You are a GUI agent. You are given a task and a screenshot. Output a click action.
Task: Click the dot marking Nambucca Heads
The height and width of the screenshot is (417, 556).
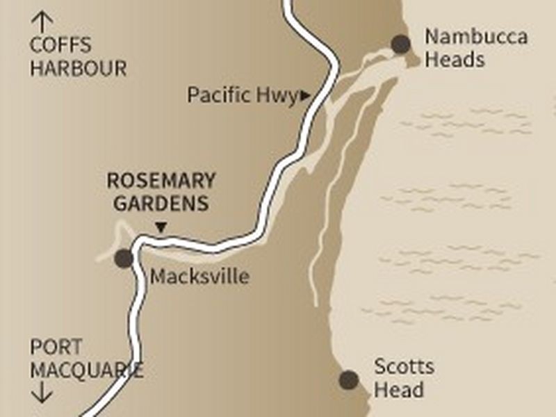(401, 44)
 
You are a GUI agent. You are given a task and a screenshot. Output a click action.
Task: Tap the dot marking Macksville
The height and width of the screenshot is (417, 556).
(124, 259)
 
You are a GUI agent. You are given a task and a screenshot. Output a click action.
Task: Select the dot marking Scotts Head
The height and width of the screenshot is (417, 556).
(349, 379)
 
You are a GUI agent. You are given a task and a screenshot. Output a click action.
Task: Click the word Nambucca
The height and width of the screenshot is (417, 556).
(476, 37)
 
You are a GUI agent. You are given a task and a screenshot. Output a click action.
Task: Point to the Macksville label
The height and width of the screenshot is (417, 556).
(199, 277)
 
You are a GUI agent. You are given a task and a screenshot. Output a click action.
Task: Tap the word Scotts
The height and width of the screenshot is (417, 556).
(404, 367)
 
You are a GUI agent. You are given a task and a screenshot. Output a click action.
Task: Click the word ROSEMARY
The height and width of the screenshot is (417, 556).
(161, 181)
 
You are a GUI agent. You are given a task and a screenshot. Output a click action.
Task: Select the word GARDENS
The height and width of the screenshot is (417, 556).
(161, 204)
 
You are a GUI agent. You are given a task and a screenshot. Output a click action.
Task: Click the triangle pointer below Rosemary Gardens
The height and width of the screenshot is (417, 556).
(161, 227)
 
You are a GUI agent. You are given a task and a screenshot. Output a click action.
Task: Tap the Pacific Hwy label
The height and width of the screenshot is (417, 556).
(243, 95)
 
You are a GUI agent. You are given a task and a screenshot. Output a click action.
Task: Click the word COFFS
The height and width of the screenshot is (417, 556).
(60, 47)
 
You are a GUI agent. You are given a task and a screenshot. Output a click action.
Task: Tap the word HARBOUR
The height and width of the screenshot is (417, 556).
(78, 69)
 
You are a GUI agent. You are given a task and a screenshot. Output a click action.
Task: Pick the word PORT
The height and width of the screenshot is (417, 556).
(56, 347)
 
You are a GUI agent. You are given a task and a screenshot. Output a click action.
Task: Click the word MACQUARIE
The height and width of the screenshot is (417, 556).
(86, 370)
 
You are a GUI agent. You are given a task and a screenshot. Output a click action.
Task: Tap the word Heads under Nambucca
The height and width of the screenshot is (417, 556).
(455, 59)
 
